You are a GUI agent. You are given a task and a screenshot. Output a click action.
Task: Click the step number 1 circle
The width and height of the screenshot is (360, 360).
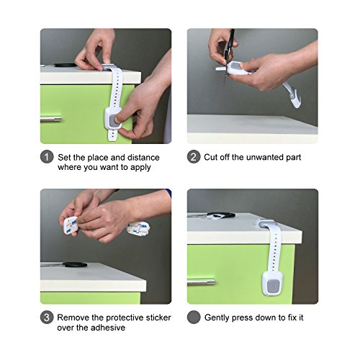click(x=47, y=157)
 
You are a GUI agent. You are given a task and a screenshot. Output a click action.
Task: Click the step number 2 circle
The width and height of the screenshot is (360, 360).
click(x=194, y=157)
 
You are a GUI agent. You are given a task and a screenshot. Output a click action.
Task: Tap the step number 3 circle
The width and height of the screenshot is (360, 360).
click(x=47, y=318)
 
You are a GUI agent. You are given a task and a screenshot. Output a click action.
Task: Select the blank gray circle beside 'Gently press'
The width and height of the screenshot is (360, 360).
click(x=194, y=317)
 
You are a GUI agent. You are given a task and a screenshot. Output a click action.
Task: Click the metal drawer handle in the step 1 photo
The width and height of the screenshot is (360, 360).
click(x=51, y=119)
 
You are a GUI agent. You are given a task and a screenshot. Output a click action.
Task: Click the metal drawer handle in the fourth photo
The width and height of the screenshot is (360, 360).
click(x=201, y=282)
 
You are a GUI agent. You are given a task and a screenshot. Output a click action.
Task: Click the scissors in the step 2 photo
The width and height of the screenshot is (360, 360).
click(x=228, y=56)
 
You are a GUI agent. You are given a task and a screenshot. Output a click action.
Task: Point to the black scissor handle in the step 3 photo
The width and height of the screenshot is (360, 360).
click(x=75, y=265)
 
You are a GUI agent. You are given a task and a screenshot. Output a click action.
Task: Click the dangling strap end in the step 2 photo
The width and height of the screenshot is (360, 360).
click(x=292, y=95)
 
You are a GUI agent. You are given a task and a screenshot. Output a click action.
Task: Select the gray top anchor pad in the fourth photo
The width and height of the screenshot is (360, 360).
click(x=267, y=224)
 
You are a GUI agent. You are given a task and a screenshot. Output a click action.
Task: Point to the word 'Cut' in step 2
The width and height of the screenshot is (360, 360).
click(x=210, y=157)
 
